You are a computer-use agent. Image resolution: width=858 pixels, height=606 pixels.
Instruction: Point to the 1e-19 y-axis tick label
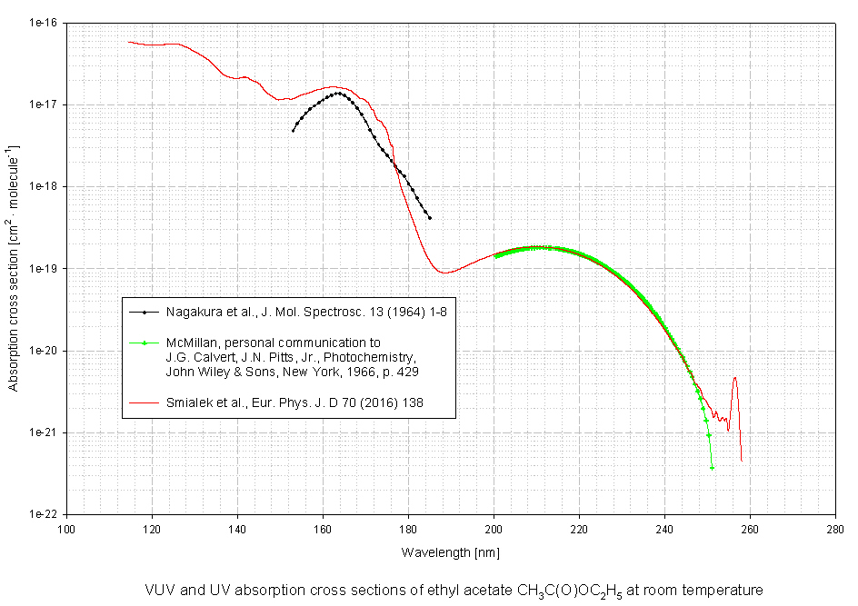[x=42, y=269]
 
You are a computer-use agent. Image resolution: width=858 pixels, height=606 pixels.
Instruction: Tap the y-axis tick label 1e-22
[x=42, y=514]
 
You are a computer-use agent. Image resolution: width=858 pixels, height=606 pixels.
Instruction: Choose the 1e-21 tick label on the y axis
[x=42, y=432]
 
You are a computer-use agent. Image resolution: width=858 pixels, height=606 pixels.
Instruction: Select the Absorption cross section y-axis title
[x=13, y=268]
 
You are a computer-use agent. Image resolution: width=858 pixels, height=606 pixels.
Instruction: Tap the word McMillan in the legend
[x=194, y=343]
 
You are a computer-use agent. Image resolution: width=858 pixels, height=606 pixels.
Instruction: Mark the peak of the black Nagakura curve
[x=338, y=93]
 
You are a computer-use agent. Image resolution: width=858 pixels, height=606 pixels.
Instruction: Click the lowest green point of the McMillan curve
[x=712, y=467]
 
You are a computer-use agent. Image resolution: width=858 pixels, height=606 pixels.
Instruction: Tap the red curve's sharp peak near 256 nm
[x=734, y=378]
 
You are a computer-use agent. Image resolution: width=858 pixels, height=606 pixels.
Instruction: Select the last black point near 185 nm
[x=429, y=218]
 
